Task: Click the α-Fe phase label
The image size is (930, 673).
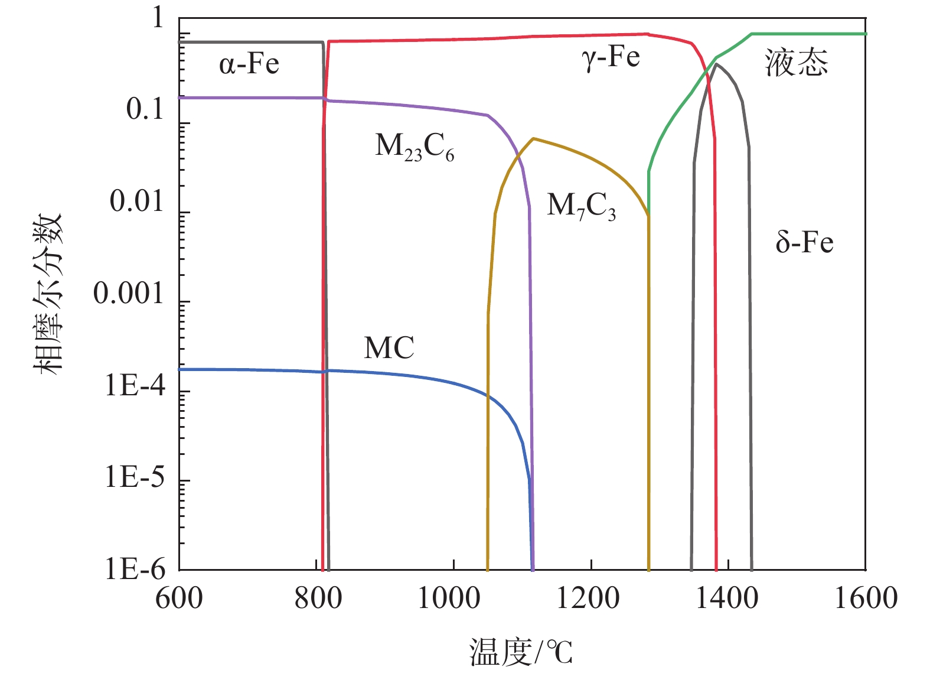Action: [x=249, y=64]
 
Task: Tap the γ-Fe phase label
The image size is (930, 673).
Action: [x=611, y=58]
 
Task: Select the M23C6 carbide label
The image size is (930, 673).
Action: [x=415, y=146]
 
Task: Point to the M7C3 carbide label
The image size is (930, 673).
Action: [x=581, y=206]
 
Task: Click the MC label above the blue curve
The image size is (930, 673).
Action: [x=389, y=347]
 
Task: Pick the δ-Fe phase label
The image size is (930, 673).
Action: [x=804, y=242]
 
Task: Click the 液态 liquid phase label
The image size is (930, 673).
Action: [x=797, y=63]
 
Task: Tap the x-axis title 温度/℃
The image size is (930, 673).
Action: [x=521, y=652]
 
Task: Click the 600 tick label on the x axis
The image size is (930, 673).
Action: [x=179, y=598]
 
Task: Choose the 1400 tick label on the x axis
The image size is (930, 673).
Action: [x=727, y=598]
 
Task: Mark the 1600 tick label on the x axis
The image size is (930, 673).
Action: [x=866, y=598]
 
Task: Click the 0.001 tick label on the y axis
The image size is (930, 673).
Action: [x=129, y=293]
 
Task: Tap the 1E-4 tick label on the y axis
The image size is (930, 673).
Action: [x=135, y=385]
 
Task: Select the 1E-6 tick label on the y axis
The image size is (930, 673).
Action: [x=135, y=569]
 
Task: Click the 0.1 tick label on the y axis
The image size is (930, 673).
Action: [x=145, y=109]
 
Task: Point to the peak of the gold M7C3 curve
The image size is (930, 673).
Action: [x=533, y=138]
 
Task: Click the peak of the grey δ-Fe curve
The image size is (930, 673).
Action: [x=716, y=64]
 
